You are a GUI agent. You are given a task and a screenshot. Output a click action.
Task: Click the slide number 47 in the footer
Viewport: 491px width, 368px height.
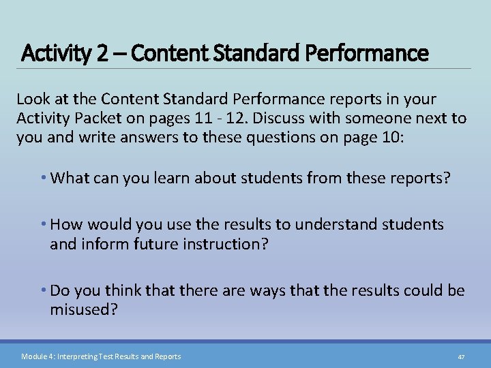pos(461,356)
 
